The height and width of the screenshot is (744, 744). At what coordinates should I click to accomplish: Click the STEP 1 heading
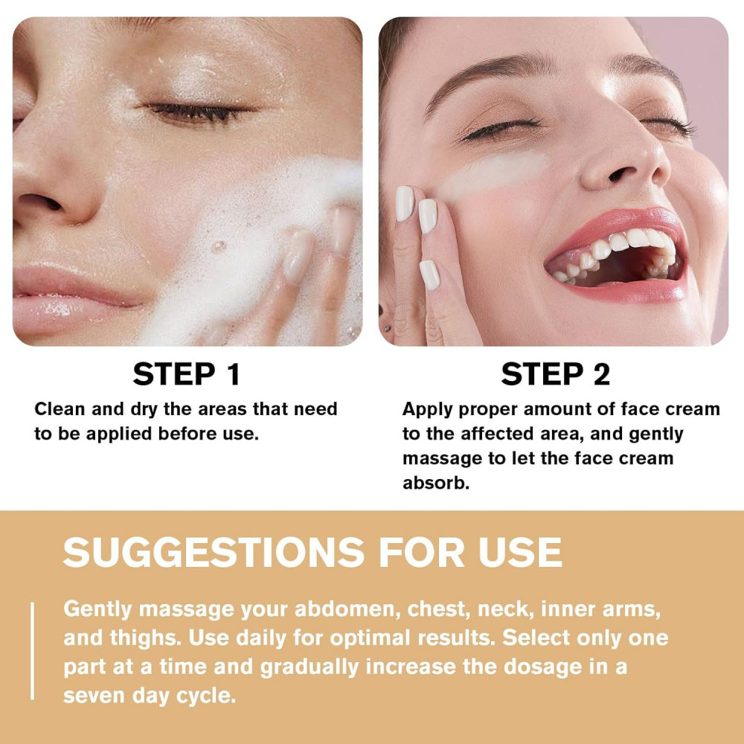coord(187,374)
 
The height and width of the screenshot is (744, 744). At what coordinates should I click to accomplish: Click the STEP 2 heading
coord(555,374)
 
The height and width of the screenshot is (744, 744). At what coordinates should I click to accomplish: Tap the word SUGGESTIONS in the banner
coord(214,552)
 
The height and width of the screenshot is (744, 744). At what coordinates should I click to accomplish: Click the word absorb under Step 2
coord(435,483)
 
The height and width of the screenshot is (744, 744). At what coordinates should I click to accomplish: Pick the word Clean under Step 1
coord(60,409)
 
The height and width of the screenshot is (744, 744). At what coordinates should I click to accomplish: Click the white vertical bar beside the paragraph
coord(32,651)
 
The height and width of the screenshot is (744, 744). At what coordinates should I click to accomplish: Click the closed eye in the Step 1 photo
coord(199,112)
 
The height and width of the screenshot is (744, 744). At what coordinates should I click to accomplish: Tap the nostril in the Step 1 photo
coord(42,202)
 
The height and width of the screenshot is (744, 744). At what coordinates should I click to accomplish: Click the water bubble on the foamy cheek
coord(218,247)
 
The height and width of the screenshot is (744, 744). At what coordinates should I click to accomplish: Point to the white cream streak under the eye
coord(493,175)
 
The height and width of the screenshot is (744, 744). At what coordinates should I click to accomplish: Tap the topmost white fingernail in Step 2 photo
coord(405,204)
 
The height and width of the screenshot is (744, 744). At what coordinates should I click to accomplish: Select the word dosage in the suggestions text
coord(542,667)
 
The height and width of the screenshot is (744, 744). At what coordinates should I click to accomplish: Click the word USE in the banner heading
coord(520,552)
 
